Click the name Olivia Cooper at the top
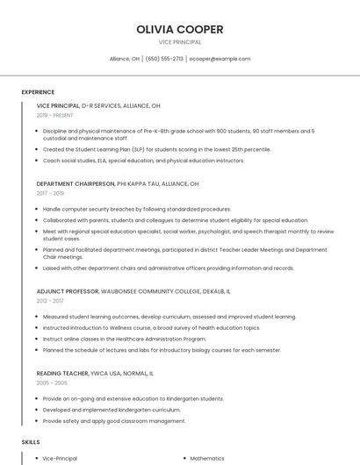point(179,29)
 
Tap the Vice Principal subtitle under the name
point(179,42)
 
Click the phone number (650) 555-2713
point(164,59)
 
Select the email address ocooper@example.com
point(220,59)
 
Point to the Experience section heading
point(38,92)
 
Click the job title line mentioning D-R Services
point(98,105)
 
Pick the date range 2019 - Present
point(56,115)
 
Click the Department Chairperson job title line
point(118,184)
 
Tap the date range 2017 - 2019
point(51,193)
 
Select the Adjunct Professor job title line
point(133,290)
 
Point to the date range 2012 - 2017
point(50,300)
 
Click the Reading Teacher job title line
point(95,373)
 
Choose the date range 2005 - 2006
point(52,383)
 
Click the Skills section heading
point(31,442)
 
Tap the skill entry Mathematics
point(207,458)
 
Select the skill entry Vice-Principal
point(60,458)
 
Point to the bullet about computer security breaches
point(137,210)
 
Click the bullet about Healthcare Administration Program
point(125,339)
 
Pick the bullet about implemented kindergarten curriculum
point(112,410)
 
